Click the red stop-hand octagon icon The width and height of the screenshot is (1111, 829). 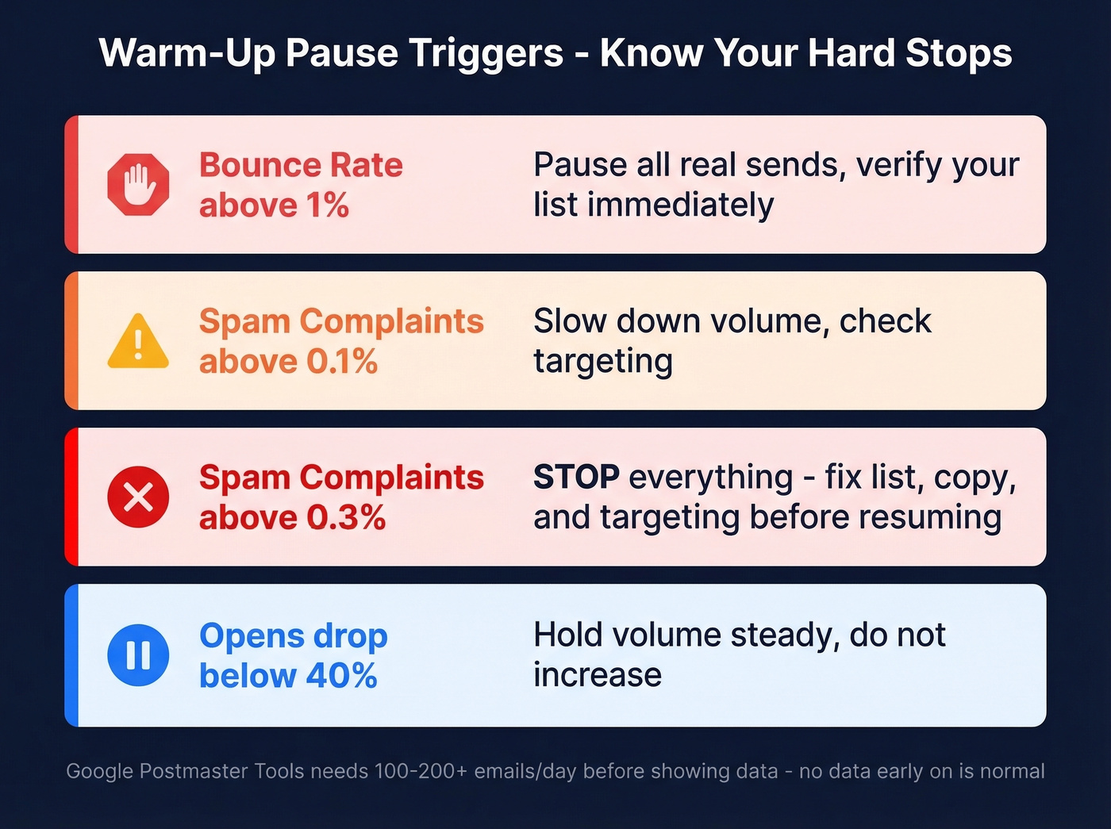[x=138, y=185]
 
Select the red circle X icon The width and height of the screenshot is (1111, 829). [x=138, y=497]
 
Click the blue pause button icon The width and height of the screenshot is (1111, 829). [x=138, y=655]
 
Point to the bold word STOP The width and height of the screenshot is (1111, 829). [x=576, y=478]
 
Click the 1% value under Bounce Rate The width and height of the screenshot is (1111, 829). [x=327, y=205]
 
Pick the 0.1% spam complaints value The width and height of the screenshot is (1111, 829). [x=342, y=362]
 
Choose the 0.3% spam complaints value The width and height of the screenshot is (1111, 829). [x=346, y=518]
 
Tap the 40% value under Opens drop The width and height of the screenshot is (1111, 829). [x=341, y=676]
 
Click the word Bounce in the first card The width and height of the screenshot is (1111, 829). [x=259, y=165]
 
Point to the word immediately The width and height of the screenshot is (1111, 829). [x=680, y=205]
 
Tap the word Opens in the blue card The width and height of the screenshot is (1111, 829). [x=252, y=636]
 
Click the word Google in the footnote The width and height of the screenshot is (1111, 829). [x=100, y=771]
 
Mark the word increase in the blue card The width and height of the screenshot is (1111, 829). [x=598, y=675]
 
